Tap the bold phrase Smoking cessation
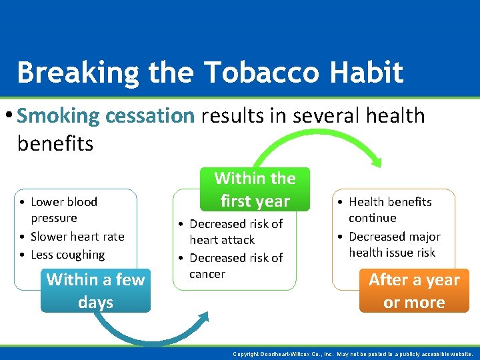105,116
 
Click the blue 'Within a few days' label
95,291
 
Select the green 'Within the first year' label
255,189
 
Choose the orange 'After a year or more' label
414,291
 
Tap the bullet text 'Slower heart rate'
77,237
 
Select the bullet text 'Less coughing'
67,255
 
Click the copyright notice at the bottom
353,354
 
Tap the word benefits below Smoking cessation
55,143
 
